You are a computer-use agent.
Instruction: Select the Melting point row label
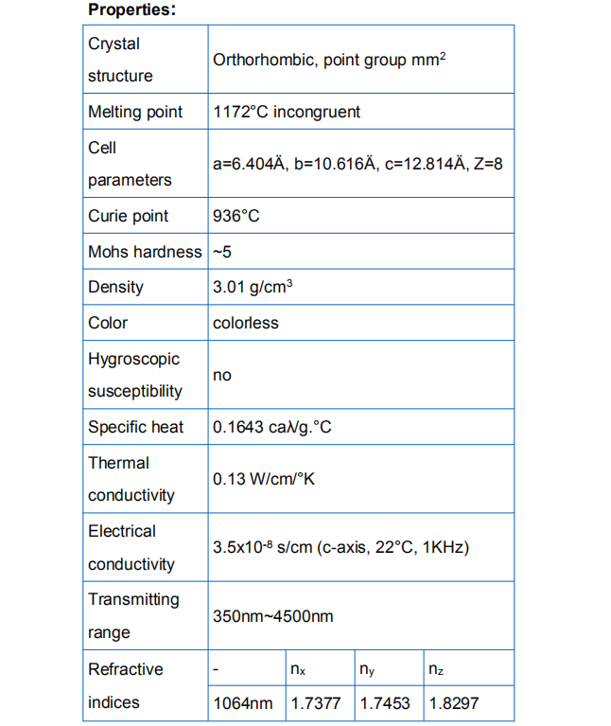click(135, 112)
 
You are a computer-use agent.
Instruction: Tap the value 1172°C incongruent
click(287, 112)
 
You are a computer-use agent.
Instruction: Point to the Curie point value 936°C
click(236, 216)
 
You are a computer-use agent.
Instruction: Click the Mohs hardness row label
click(145, 252)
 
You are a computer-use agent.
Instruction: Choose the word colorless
click(246, 323)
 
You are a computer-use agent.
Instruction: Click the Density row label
click(116, 287)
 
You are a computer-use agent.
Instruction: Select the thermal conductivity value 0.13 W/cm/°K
click(264, 479)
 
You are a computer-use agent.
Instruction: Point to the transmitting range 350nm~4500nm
click(273, 616)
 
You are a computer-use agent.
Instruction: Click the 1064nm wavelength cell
click(243, 703)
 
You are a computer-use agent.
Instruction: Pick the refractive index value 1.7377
click(317, 703)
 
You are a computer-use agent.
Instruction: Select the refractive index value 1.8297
click(454, 703)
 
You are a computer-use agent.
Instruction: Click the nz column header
click(436, 670)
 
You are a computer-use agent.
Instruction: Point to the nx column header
click(298, 670)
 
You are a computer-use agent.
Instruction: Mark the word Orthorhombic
click(264, 60)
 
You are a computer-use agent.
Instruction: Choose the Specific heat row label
click(136, 427)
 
